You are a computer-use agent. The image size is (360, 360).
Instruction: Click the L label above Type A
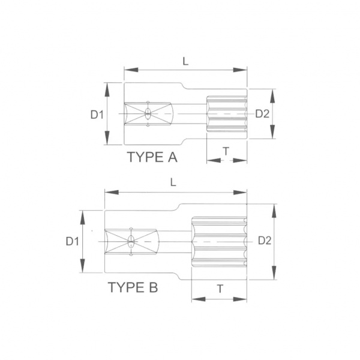(x=185, y=61)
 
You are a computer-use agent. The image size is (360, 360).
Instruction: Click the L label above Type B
(x=173, y=182)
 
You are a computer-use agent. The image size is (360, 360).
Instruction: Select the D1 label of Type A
(x=97, y=115)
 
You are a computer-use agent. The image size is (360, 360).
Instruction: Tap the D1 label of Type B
(x=73, y=242)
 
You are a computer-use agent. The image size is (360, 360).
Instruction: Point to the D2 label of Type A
(x=262, y=113)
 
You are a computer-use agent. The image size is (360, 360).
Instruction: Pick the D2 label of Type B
(x=265, y=241)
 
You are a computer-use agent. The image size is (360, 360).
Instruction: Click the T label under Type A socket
(x=226, y=151)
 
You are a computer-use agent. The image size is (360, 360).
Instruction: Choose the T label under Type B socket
(x=220, y=289)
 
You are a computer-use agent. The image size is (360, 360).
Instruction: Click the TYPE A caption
(x=152, y=157)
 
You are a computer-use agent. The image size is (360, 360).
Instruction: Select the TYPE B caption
(x=133, y=287)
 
